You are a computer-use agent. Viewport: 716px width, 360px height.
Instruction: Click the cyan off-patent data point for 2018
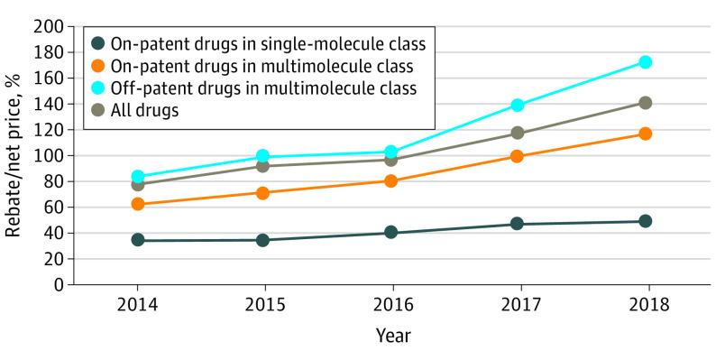(x=645, y=62)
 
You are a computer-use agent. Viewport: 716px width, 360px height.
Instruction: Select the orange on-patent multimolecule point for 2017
(x=517, y=156)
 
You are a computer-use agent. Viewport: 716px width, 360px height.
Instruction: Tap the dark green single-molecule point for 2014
(x=137, y=240)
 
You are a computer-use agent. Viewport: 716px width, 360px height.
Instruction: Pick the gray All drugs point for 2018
(x=645, y=103)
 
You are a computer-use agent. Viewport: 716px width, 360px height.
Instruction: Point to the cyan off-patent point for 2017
(x=517, y=106)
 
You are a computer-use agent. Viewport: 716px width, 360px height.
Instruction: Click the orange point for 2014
(x=137, y=204)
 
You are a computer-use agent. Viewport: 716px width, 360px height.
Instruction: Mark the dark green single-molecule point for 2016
(x=390, y=232)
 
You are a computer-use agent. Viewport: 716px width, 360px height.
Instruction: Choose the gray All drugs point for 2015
(x=262, y=166)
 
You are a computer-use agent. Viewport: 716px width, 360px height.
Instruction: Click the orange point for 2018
(x=645, y=134)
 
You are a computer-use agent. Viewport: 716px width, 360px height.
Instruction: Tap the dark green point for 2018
(x=645, y=221)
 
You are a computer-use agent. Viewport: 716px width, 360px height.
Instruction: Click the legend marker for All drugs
(x=98, y=111)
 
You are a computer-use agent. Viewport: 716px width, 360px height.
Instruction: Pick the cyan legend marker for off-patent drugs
(x=98, y=88)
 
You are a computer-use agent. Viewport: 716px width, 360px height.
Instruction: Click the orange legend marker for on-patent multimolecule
(x=98, y=65)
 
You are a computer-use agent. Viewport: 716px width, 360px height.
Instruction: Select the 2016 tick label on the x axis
(x=390, y=304)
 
